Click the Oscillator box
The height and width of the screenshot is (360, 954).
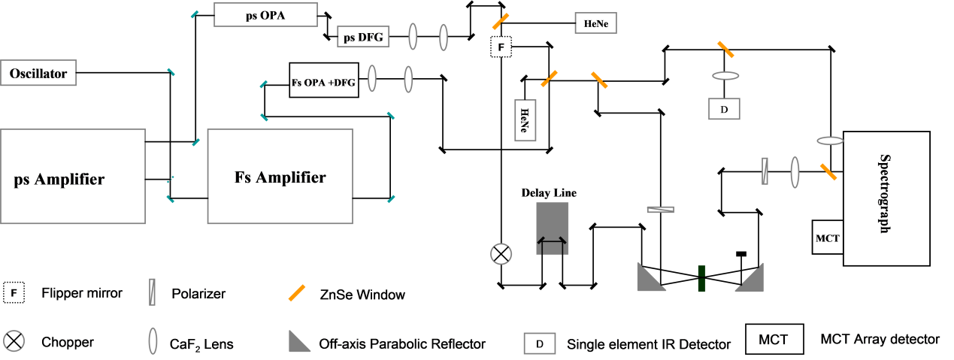(x=38, y=74)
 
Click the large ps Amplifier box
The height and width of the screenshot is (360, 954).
(x=72, y=177)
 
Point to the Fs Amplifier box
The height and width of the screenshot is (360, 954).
(x=280, y=177)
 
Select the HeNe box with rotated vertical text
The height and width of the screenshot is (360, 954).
(x=525, y=119)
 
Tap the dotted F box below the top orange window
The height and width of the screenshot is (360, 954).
(x=501, y=47)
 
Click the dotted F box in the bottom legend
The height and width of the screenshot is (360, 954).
(x=14, y=292)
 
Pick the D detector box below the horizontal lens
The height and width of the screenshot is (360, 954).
(x=724, y=109)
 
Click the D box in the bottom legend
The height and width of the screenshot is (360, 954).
(x=540, y=343)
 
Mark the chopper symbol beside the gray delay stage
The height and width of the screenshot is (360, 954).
(x=501, y=254)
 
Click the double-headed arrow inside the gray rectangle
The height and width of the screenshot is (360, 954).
(x=553, y=242)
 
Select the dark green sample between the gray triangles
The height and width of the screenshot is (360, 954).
(x=701, y=278)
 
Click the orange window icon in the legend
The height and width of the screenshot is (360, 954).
(x=297, y=292)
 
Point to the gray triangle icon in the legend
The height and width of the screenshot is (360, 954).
(x=298, y=343)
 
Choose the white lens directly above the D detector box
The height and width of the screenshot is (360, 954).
(x=725, y=76)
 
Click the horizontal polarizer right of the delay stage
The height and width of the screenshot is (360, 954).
(x=660, y=209)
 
